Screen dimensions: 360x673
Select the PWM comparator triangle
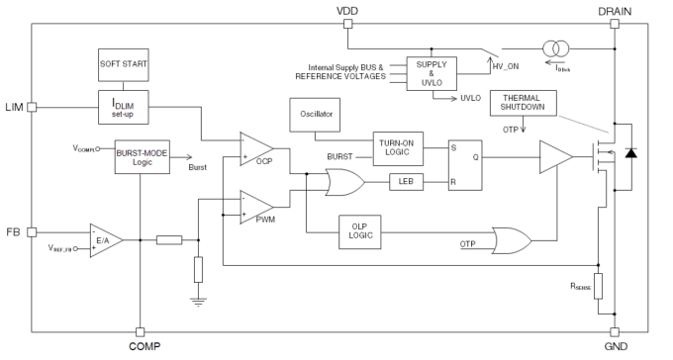click(x=256, y=207)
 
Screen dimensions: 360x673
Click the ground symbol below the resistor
click(x=198, y=300)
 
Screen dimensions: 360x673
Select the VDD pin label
click(x=347, y=10)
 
